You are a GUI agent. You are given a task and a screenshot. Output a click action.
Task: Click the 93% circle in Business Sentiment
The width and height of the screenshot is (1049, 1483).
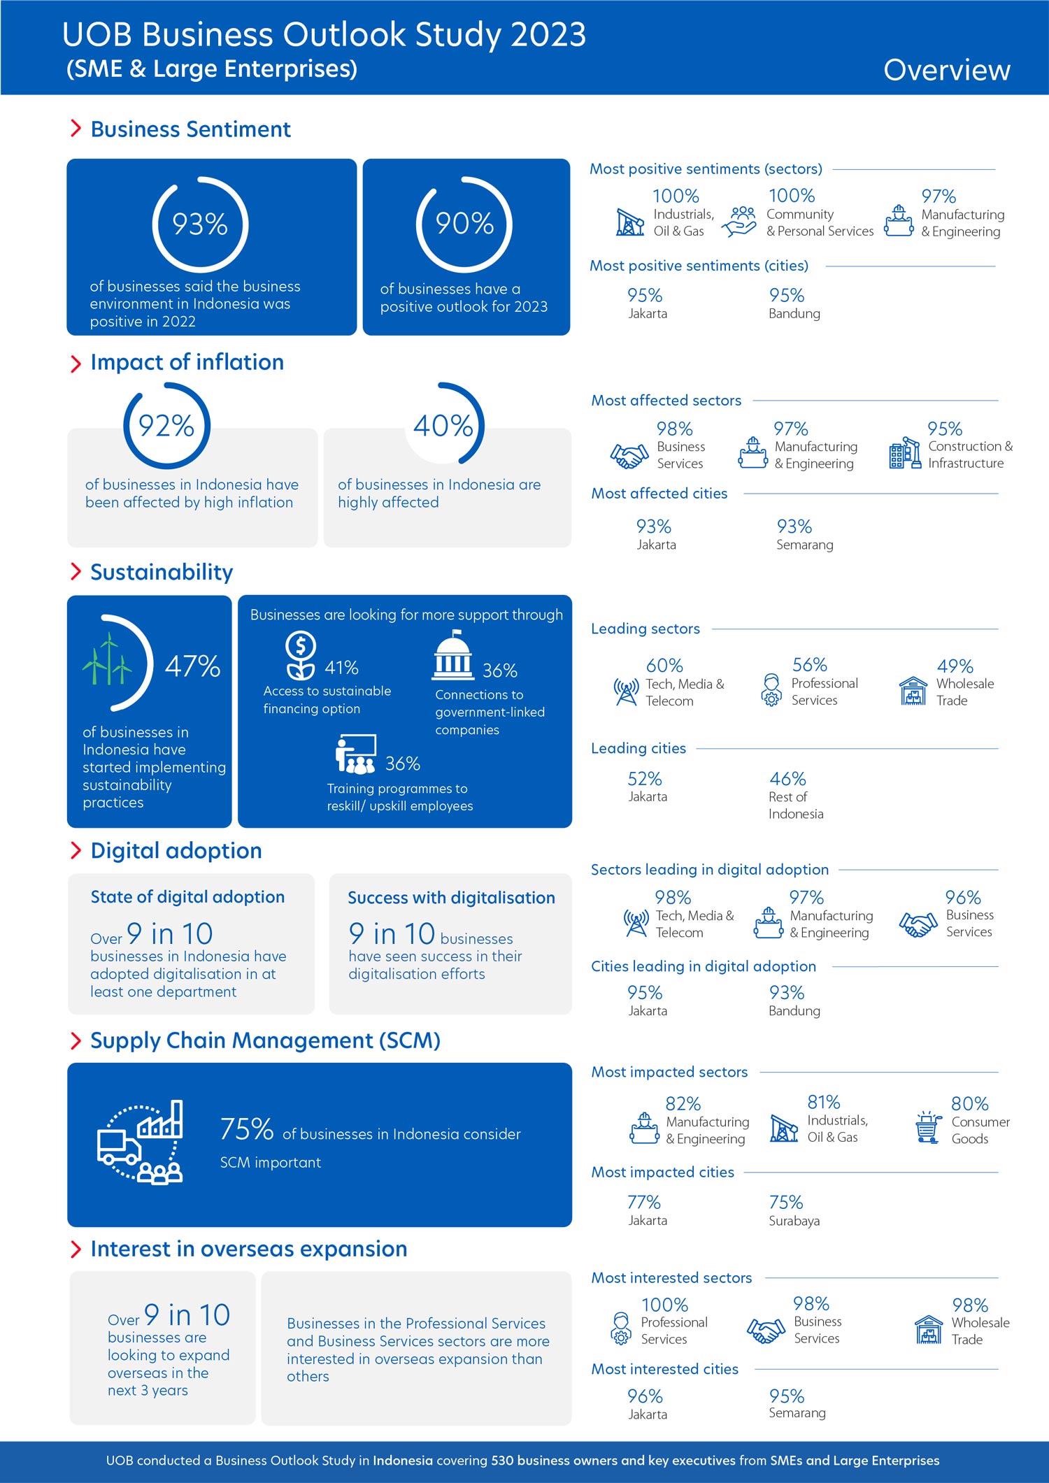tap(200, 224)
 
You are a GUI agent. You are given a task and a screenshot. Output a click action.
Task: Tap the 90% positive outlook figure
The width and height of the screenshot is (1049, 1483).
tap(464, 224)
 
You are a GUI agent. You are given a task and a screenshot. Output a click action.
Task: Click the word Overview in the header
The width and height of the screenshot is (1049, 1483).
tap(946, 70)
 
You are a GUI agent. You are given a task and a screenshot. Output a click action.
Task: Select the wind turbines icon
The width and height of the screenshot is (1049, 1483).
tap(107, 659)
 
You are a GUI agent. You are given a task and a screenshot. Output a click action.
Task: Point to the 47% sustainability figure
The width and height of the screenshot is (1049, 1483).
tap(192, 666)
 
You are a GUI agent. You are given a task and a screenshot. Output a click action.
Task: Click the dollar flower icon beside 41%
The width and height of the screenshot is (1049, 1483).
tap(301, 655)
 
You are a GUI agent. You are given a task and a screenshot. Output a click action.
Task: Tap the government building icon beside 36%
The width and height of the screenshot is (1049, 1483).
tap(452, 656)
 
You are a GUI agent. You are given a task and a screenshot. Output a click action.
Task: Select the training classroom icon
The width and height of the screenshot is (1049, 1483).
tap(356, 754)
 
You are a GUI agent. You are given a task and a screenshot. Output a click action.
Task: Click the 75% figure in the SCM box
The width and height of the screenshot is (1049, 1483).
tap(246, 1129)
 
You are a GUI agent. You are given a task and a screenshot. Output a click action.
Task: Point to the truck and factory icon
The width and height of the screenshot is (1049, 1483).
tap(141, 1142)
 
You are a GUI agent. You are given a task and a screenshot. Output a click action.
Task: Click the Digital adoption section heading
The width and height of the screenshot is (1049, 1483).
tap(176, 851)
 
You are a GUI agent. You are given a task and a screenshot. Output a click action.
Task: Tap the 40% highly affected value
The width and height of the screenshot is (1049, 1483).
tap(443, 426)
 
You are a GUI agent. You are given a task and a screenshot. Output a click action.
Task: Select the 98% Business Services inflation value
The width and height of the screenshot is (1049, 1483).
tap(674, 429)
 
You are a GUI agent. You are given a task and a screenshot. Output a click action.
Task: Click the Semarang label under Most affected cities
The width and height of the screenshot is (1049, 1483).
tap(804, 545)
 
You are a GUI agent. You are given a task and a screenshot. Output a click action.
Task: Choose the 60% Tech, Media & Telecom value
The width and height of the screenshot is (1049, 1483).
tap(664, 666)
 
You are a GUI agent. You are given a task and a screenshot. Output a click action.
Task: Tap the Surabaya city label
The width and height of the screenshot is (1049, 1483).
tap(794, 1221)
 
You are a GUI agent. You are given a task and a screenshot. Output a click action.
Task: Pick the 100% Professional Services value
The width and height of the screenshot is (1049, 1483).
tap(664, 1305)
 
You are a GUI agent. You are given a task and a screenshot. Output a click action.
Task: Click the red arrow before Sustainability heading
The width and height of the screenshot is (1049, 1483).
tap(76, 572)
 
